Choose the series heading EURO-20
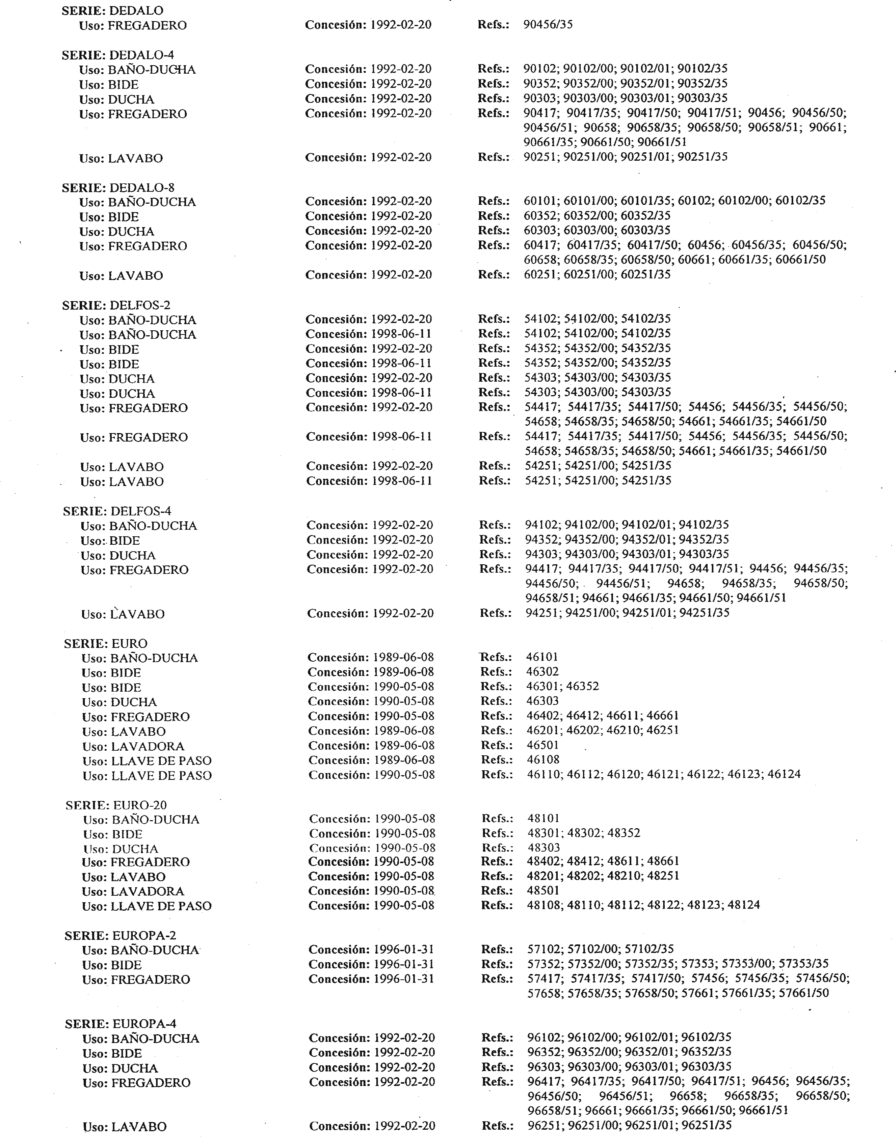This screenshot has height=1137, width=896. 117,805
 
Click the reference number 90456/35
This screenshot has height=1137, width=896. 548,24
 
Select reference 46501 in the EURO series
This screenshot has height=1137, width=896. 542,745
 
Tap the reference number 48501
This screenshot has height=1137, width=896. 543,890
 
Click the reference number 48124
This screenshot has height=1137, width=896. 743,905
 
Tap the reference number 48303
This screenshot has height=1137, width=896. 544,847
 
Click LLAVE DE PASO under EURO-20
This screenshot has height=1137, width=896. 161,906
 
